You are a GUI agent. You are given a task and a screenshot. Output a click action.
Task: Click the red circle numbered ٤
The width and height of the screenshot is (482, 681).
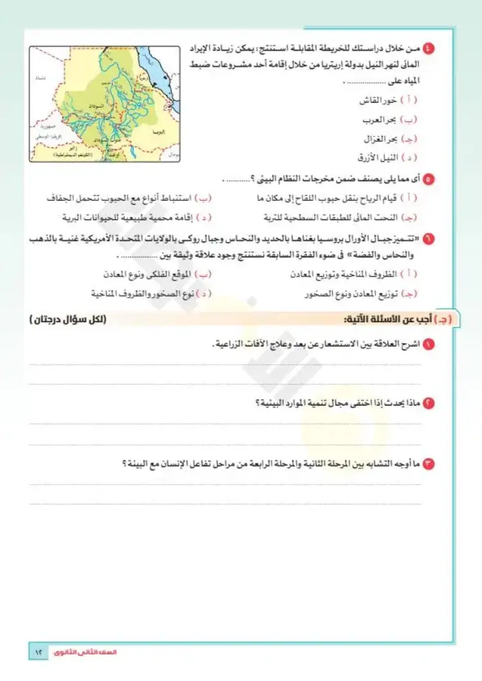click(x=430, y=49)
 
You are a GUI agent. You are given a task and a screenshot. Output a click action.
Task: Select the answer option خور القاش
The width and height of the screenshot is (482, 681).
click(x=382, y=101)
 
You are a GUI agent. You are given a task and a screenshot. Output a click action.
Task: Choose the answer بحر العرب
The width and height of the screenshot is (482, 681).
click(x=382, y=119)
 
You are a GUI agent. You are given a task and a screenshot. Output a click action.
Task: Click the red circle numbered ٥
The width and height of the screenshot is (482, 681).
click(x=430, y=179)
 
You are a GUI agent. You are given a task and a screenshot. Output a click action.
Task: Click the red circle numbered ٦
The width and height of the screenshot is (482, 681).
click(x=430, y=239)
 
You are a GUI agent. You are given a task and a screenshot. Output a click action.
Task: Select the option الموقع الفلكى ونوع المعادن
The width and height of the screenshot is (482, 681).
click(x=148, y=274)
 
